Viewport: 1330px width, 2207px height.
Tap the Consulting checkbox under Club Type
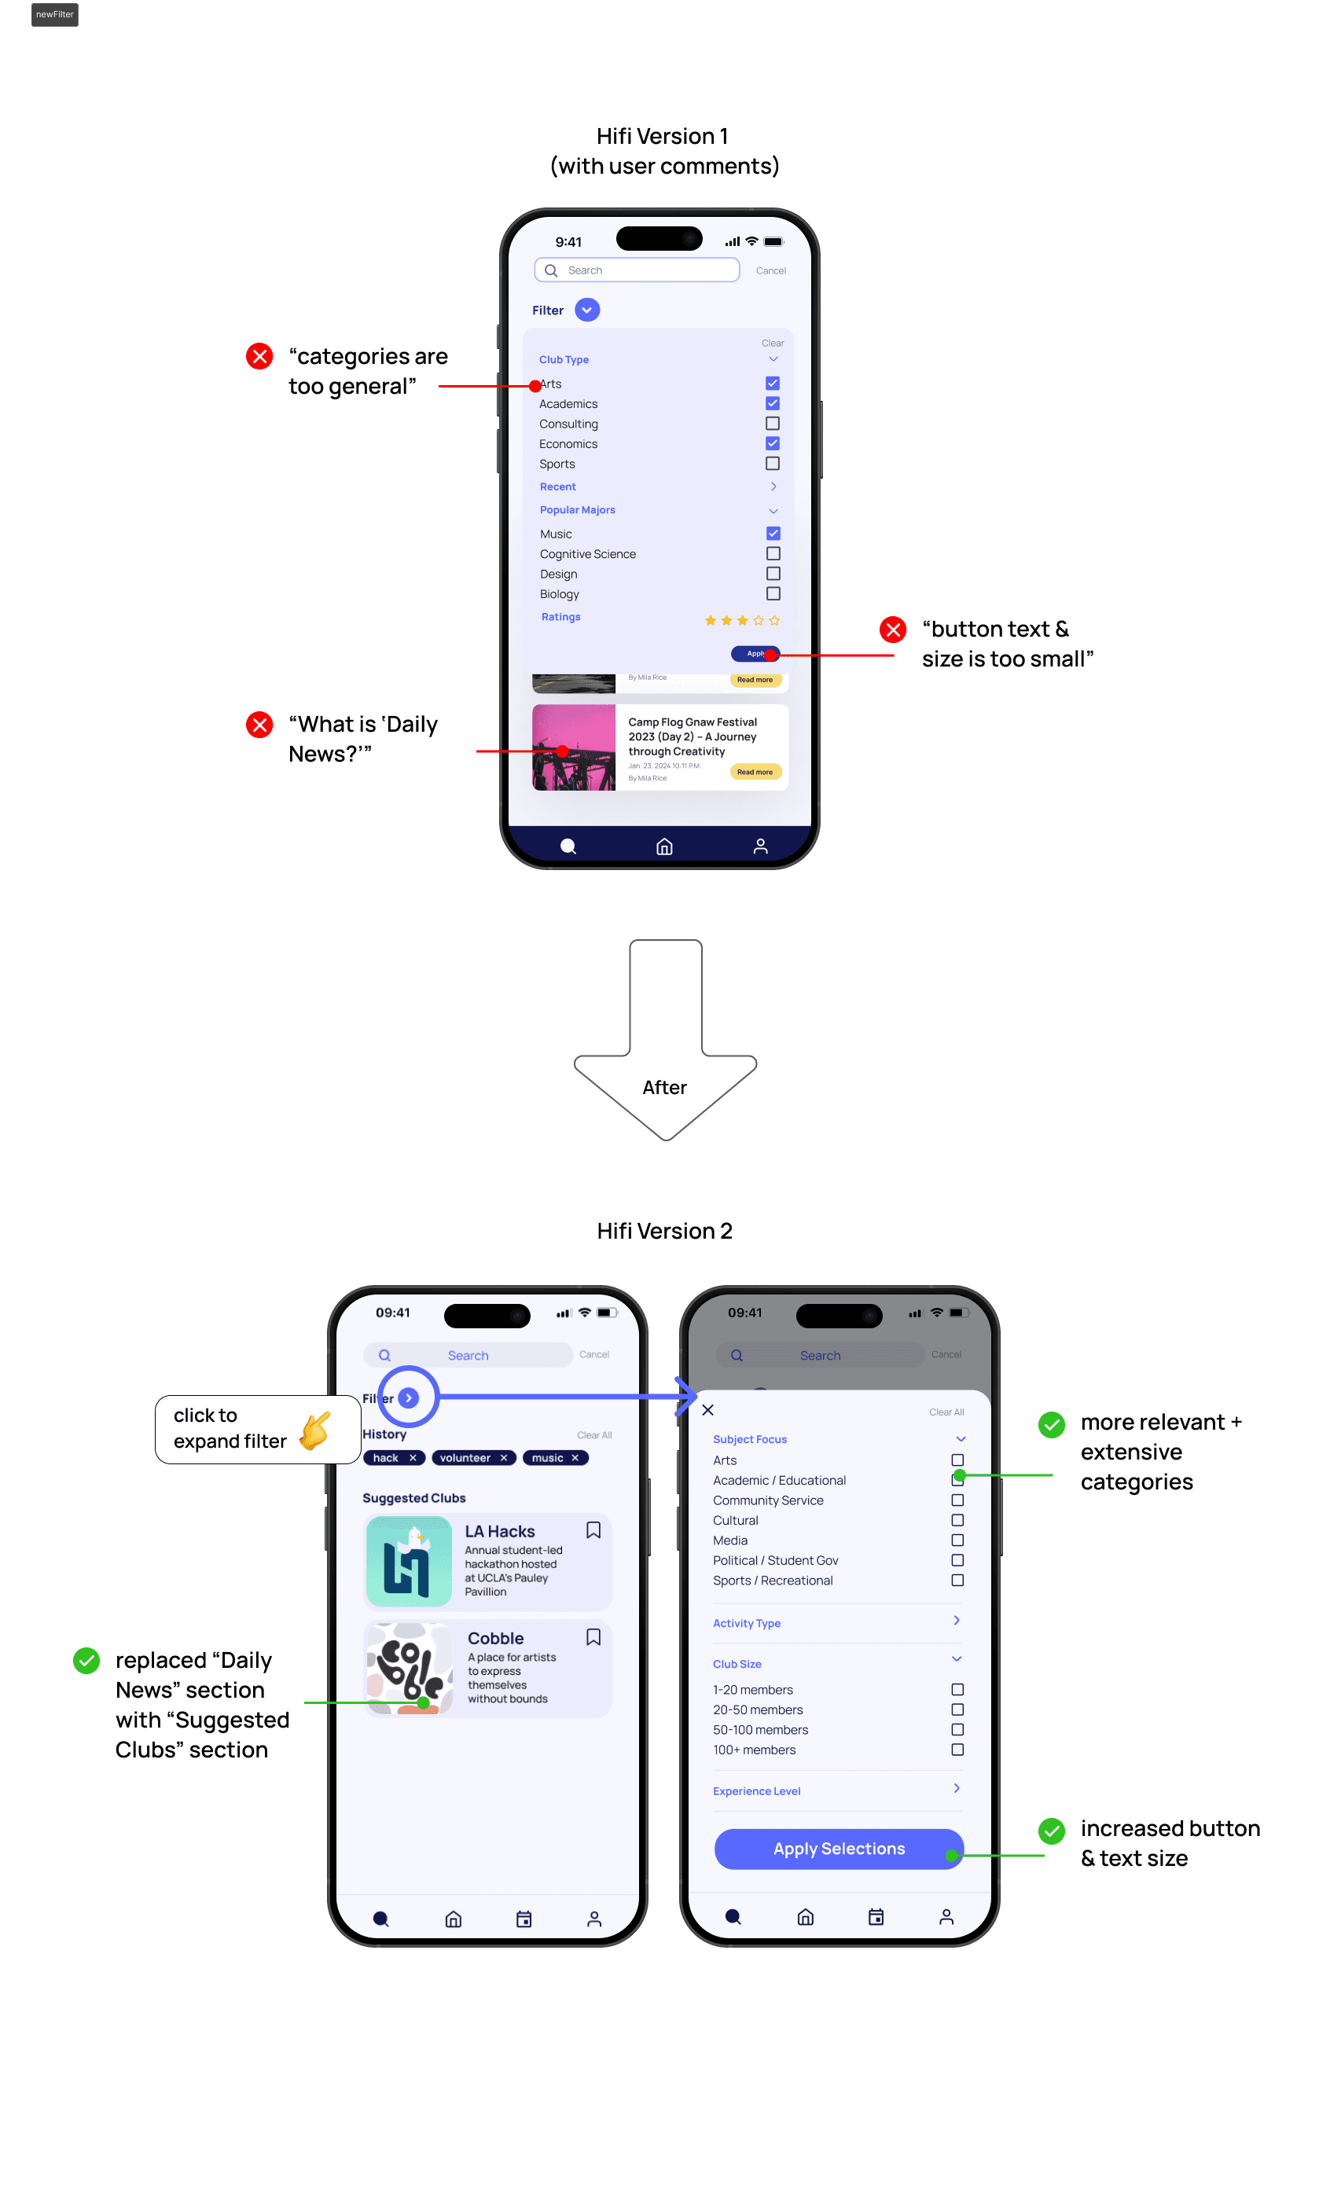tap(772, 424)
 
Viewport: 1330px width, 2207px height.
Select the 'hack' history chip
tap(386, 1457)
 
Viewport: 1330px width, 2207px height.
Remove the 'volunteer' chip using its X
tap(504, 1457)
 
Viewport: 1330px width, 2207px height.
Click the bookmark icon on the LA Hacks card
tap(593, 1529)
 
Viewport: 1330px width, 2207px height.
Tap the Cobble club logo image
tap(410, 1668)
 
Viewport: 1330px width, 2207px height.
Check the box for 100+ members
tap(957, 1750)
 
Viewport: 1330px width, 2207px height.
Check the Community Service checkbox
tap(957, 1500)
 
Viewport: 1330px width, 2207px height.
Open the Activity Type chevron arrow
tap(957, 1621)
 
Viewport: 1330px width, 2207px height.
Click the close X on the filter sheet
tap(707, 1410)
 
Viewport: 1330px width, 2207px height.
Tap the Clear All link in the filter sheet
tap(946, 1412)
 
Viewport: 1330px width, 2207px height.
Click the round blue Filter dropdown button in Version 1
tap(586, 310)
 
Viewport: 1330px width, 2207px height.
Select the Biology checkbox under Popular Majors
tap(773, 594)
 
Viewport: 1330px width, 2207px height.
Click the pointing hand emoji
tap(315, 1430)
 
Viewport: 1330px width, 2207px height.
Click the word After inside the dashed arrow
tap(664, 1087)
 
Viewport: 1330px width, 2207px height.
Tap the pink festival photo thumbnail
tap(573, 747)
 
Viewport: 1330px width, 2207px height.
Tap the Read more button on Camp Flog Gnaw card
tap(755, 772)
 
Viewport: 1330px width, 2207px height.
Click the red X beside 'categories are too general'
tap(259, 357)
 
